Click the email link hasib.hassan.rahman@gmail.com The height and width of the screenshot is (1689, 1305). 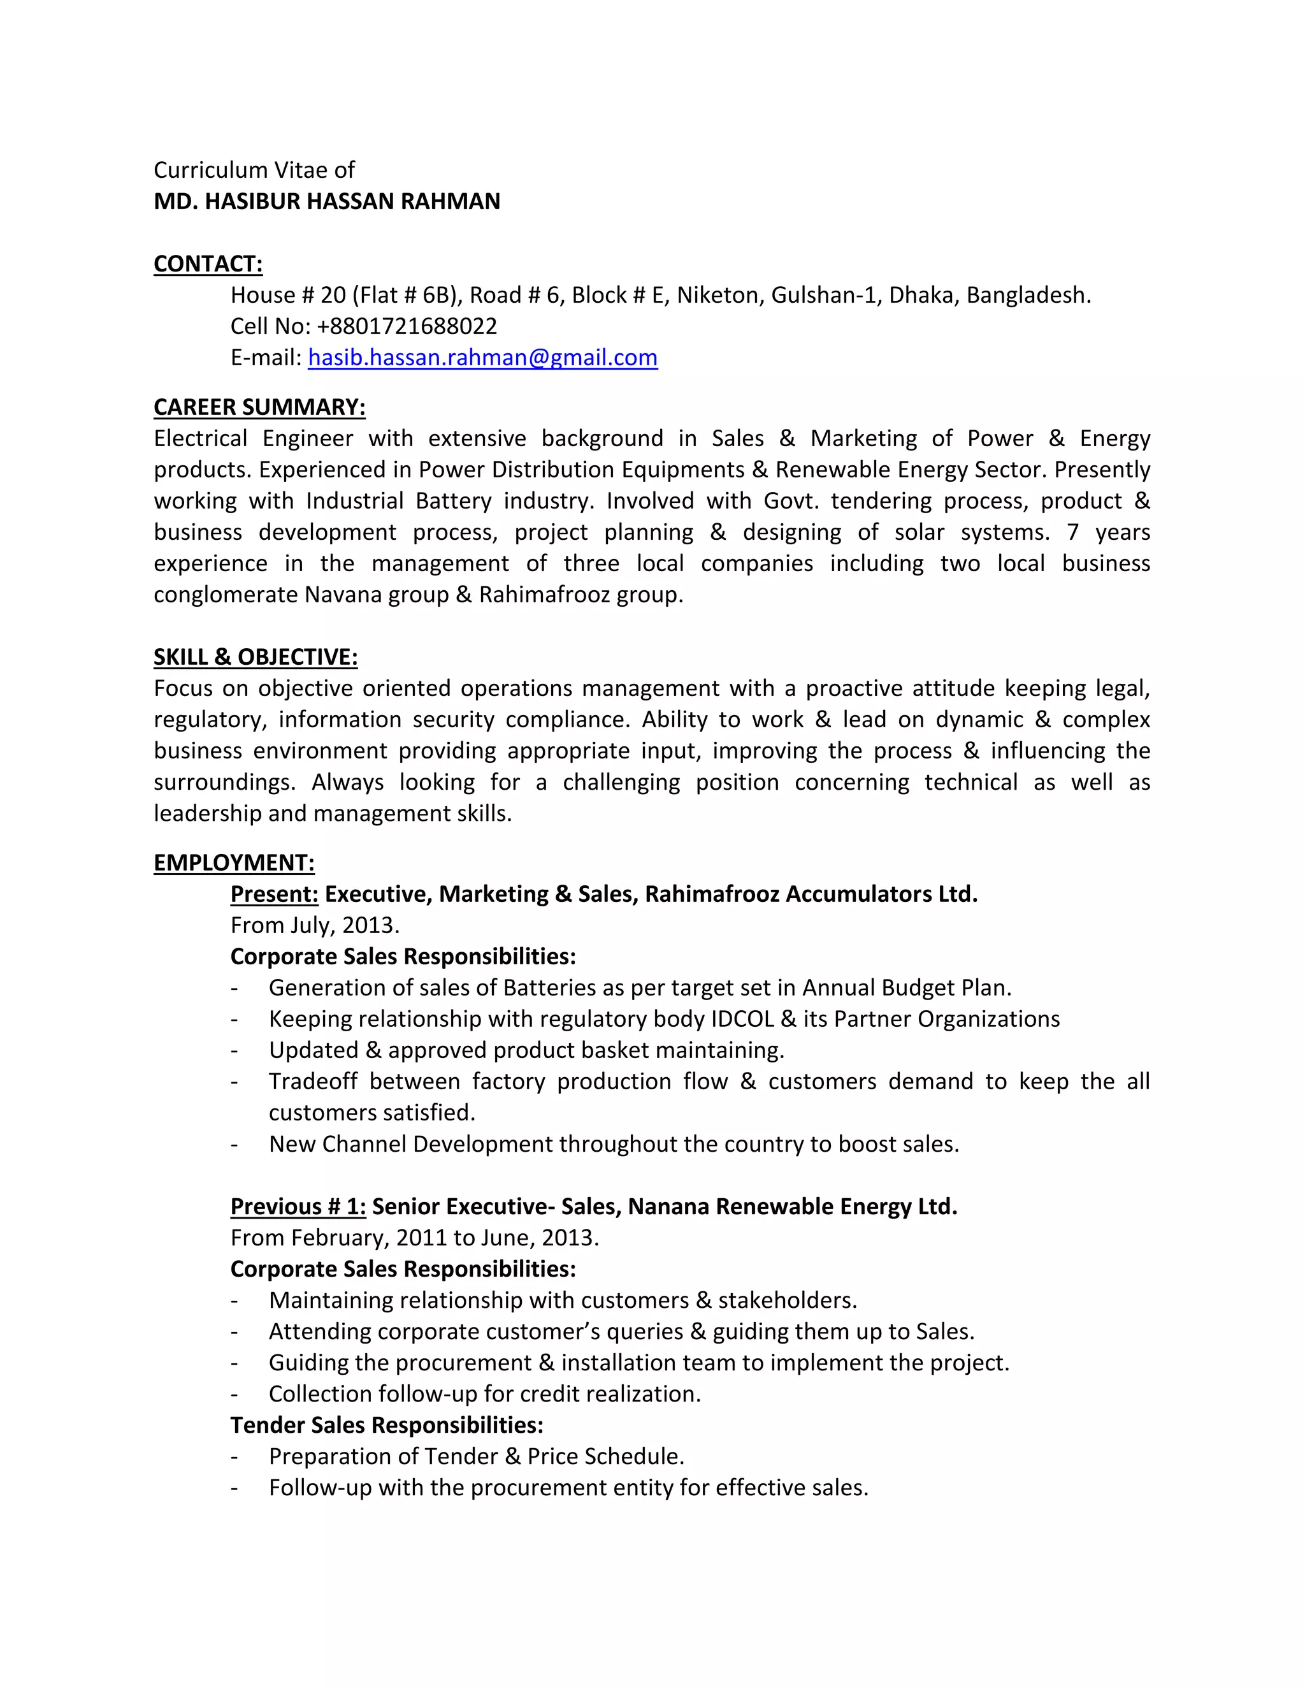pyautogui.click(x=482, y=358)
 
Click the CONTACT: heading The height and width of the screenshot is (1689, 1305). pyautogui.click(x=208, y=264)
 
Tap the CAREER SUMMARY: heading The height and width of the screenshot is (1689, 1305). pyautogui.click(x=259, y=407)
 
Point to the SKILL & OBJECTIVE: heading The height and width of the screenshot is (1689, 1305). pyautogui.click(x=255, y=656)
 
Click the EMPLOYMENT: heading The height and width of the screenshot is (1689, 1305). pyautogui.click(x=233, y=862)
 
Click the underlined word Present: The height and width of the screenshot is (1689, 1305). pyautogui.click(x=275, y=894)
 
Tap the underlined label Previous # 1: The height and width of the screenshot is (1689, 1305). pyautogui.click(x=298, y=1207)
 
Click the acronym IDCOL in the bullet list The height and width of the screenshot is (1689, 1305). pyautogui.click(x=742, y=1019)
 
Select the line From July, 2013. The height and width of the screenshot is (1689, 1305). pyautogui.click(x=315, y=925)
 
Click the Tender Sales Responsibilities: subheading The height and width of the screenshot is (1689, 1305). pyautogui.click(x=387, y=1424)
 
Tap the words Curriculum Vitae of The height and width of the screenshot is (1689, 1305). pyautogui.click(x=254, y=170)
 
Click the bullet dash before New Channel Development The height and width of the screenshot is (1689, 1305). pyautogui.click(x=233, y=1145)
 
